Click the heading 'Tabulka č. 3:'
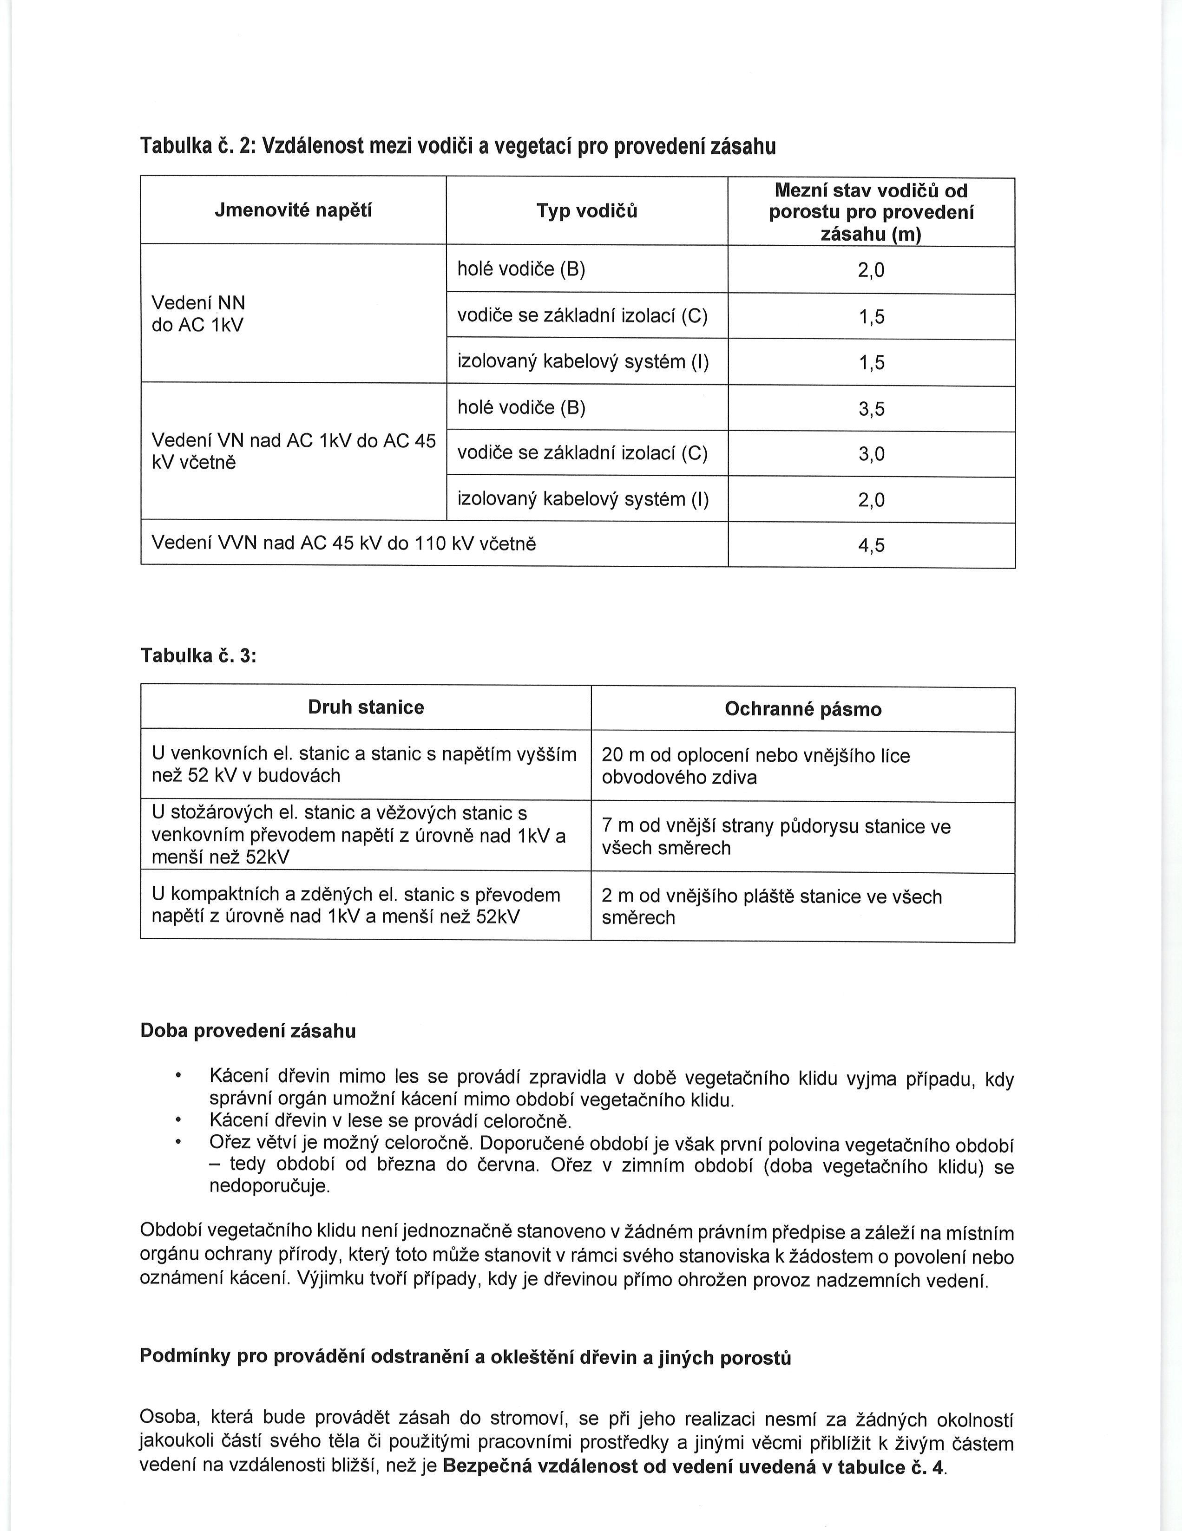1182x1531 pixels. click(x=198, y=655)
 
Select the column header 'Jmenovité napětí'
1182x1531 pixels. click(x=293, y=210)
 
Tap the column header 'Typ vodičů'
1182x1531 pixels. click(x=587, y=211)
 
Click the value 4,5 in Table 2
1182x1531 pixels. click(x=872, y=545)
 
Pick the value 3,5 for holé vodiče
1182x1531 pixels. click(x=872, y=409)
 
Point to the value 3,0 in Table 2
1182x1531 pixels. click(x=872, y=454)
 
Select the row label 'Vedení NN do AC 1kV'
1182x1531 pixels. click(x=198, y=314)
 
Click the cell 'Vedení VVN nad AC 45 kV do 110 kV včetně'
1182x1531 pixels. click(x=343, y=543)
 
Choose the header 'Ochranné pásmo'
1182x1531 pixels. click(x=803, y=709)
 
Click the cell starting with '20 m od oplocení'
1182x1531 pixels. click(x=756, y=766)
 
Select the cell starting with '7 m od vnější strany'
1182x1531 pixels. click(x=776, y=837)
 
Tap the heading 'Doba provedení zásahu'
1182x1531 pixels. click(x=248, y=1031)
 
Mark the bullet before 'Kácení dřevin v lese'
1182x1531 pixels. click(x=179, y=1120)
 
